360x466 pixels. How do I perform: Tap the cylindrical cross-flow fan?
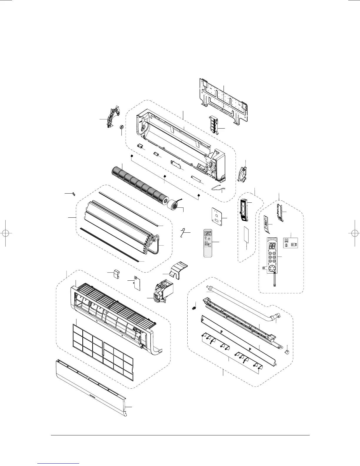point(138,184)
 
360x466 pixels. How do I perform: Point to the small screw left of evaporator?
point(74,194)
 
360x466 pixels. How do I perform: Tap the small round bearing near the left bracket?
point(121,128)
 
